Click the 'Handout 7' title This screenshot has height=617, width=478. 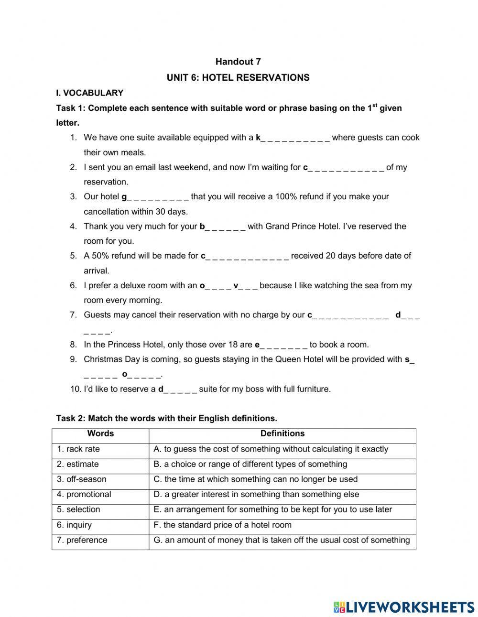[x=238, y=62]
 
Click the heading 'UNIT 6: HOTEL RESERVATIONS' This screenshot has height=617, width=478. [x=238, y=77]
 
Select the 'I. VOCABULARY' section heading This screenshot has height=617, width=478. [x=90, y=93]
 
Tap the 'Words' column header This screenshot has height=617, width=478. [x=100, y=434]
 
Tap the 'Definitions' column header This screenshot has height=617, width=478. [x=282, y=434]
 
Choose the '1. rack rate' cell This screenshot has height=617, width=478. [x=78, y=449]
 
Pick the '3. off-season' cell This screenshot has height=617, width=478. [x=82, y=479]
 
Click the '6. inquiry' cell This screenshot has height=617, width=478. [x=74, y=525]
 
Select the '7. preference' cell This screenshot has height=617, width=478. [x=82, y=540]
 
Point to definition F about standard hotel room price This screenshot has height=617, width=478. [x=222, y=525]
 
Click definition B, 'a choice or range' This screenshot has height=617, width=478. [x=250, y=464]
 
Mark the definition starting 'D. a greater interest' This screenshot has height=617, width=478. [x=256, y=495]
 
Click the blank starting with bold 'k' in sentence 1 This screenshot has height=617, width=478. [x=293, y=138]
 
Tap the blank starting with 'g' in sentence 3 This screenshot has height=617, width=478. [x=155, y=197]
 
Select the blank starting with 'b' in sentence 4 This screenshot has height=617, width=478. [x=222, y=227]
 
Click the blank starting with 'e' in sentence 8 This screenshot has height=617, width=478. [x=281, y=345]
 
